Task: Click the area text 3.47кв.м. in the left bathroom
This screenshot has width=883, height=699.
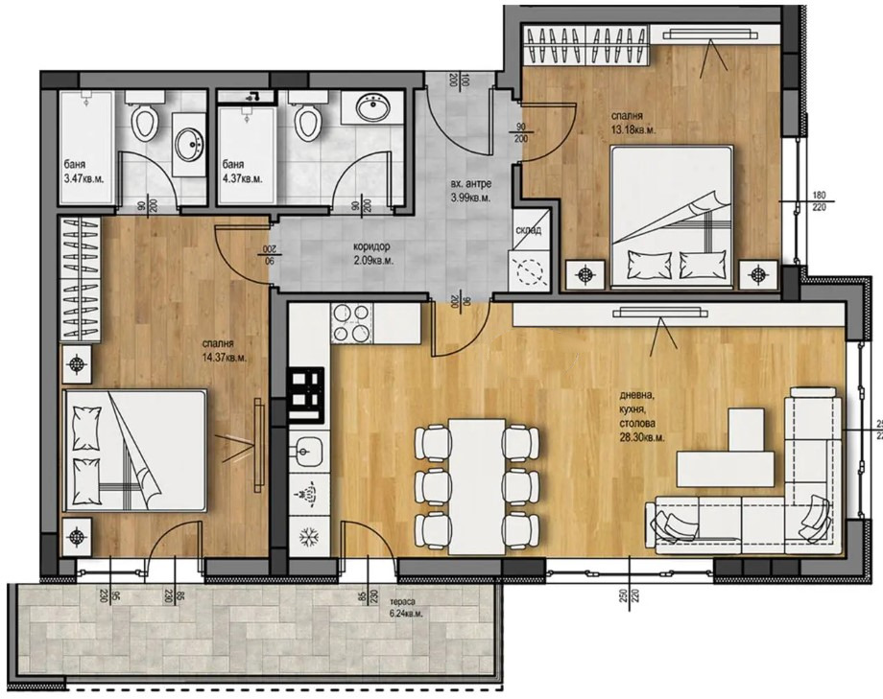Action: [84, 178]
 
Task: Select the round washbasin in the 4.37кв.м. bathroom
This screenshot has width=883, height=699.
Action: [373, 108]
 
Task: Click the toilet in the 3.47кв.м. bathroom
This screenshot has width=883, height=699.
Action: [145, 121]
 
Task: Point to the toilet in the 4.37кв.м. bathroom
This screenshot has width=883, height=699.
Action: [308, 121]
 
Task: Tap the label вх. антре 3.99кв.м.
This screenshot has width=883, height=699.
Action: [470, 192]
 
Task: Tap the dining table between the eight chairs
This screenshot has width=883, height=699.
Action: [477, 484]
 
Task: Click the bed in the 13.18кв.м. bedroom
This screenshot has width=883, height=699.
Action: [672, 216]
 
